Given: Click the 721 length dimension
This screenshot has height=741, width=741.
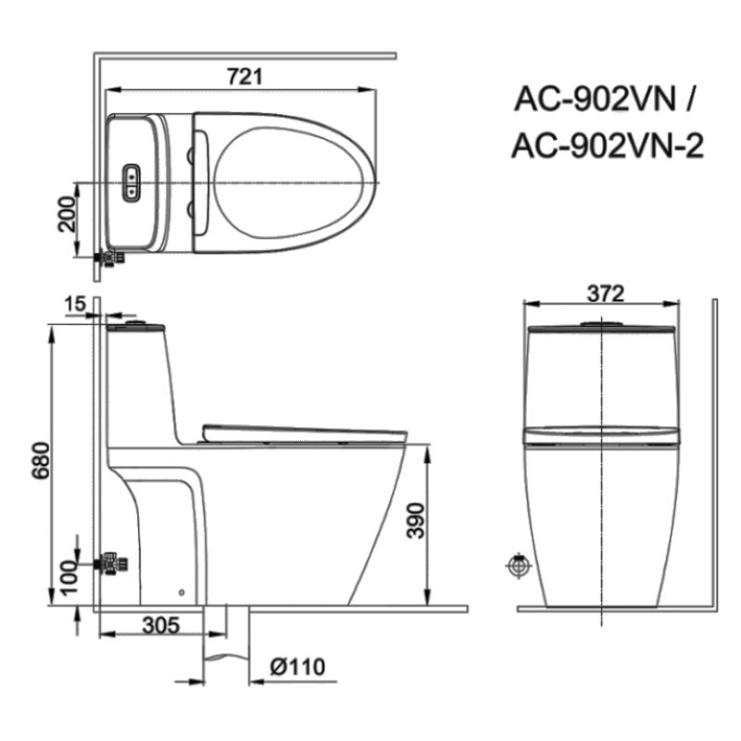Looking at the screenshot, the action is [244, 77].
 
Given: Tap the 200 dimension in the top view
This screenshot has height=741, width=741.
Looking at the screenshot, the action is [67, 215].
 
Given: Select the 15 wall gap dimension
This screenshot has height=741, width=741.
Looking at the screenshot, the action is [75, 304].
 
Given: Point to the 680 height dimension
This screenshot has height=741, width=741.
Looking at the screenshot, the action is [41, 460].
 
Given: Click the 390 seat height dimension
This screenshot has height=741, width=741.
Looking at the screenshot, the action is [416, 521].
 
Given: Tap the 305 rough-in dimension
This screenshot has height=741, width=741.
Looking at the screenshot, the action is [161, 625].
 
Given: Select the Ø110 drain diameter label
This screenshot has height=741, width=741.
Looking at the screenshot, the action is [297, 667].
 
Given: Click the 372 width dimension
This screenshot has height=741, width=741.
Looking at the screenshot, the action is [606, 294].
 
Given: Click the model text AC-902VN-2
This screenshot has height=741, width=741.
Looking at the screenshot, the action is [608, 145].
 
